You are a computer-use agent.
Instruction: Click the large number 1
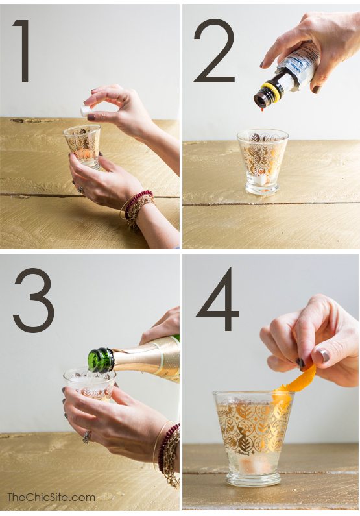click(x=23, y=51)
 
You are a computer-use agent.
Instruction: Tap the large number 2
click(x=214, y=51)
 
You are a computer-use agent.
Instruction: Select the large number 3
click(x=33, y=300)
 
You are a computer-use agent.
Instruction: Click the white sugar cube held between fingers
click(x=86, y=111)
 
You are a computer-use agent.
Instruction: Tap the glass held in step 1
click(x=82, y=145)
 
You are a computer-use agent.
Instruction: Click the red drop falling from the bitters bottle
click(x=260, y=108)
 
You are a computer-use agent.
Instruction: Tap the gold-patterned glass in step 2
click(x=262, y=159)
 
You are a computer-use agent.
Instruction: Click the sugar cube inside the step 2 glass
click(x=263, y=178)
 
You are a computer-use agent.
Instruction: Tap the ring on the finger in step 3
click(x=87, y=437)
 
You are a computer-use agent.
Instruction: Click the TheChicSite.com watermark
click(x=51, y=497)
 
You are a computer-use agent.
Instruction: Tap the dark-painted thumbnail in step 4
click(x=322, y=355)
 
